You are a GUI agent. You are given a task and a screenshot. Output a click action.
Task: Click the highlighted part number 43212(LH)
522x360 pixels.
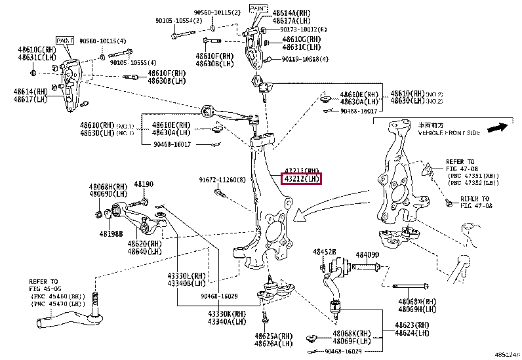(x=301, y=178)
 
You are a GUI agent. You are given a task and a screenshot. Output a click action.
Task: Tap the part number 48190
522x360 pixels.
(x=144, y=185)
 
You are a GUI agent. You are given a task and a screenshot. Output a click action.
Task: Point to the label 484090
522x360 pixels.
(x=367, y=254)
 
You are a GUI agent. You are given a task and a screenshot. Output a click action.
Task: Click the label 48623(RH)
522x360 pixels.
(x=413, y=325)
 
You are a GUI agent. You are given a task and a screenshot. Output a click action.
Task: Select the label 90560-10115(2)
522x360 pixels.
(x=217, y=12)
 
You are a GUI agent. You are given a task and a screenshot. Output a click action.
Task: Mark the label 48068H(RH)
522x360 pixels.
(x=108, y=187)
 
